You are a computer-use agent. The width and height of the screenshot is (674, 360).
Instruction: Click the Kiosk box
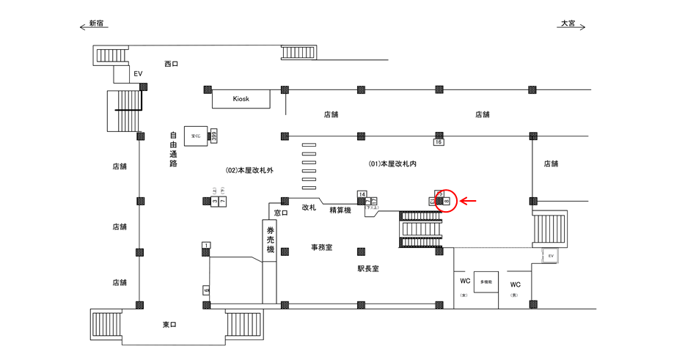point(241,99)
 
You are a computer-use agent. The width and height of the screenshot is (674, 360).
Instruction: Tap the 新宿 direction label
point(96,23)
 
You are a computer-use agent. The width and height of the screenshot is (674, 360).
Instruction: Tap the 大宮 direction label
point(568,23)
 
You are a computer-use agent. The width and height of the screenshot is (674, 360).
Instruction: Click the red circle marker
point(445,200)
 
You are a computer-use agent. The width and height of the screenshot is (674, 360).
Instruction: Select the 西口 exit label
point(171,64)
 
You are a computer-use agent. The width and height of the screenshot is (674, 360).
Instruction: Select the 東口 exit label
point(169,324)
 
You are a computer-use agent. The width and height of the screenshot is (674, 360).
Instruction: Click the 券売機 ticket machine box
point(270,240)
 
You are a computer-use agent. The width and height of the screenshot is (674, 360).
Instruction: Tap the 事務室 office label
point(321,248)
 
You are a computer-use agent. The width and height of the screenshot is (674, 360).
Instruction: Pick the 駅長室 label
point(368,269)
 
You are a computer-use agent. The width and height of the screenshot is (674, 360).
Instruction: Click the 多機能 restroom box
point(486,282)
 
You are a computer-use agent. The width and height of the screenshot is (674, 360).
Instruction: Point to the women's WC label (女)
point(464,284)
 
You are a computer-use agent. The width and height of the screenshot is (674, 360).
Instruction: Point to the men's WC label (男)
point(515,284)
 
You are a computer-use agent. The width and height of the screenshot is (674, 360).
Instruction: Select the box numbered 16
point(439,142)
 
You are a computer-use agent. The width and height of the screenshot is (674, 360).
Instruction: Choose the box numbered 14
point(362,194)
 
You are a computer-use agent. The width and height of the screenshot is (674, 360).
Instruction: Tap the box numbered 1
point(207,245)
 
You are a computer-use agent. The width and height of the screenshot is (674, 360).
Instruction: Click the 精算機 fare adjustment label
point(340,210)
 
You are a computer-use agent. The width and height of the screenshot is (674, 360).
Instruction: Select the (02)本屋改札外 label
point(249,170)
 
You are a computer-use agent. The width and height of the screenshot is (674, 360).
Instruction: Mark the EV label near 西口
point(137,73)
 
